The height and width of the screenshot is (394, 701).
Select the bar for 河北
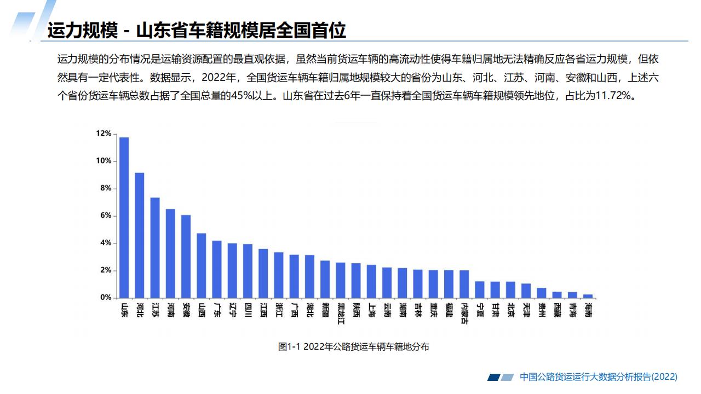pyautogui.click(x=140, y=235)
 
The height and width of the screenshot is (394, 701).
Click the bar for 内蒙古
pyautogui.click(x=464, y=284)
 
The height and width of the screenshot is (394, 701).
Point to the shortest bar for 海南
pyautogui.click(x=588, y=296)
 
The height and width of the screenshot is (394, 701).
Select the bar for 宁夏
pyautogui.click(x=480, y=289)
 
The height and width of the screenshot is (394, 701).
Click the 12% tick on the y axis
pyautogui.click(x=104, y=134)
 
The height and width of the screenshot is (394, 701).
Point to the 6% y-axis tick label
pyautogui.click(x=105, y=216)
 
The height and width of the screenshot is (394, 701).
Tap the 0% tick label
pyautogui.click(x=105, y=298)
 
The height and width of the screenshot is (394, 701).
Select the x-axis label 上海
pyautogui.click(x=372, y=310)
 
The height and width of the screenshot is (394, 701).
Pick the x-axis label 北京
pyautogui.click(x=510, y=310)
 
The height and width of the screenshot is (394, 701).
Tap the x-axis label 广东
pyautogui.click(x=217, y=310)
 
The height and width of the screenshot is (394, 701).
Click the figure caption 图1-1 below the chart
pyautogui.click(x=354, y=346)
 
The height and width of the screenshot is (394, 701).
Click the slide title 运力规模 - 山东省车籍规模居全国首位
pyautogui.click(x=197, y=31)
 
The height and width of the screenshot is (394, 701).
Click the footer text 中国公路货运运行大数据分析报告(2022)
pyautogui.click(x=599, y=376)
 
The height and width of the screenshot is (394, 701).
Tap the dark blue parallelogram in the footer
pyautogui.click(x=493, y=377)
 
